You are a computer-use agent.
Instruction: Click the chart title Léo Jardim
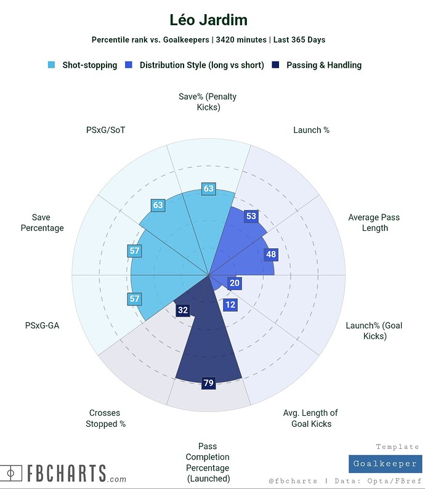(208, 20)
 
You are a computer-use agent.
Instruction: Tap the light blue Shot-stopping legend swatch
(52, 65)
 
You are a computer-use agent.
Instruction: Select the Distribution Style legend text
(201, 65)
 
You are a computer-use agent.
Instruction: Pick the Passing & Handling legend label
(324, 65)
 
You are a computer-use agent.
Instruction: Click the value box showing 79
(208, 383)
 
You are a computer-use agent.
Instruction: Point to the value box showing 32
(182, 310)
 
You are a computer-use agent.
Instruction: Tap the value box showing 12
(230, 304)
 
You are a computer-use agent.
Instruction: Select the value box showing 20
(234, 283)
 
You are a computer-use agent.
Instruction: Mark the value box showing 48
(270, 254)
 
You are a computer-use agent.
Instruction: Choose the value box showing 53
(250, 216)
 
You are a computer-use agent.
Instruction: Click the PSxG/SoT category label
(105, 130)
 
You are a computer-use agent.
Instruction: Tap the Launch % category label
(311, 130)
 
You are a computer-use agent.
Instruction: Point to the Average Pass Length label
(368, 222)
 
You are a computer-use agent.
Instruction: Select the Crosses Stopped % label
(105, 418)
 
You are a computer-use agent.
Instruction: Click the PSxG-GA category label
(42, 325)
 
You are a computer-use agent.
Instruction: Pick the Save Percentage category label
(42, 222)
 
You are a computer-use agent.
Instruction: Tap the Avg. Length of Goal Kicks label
(310, 418)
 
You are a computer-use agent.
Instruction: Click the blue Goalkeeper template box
(385, 464)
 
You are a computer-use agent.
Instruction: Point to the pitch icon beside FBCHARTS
(11, 473)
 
